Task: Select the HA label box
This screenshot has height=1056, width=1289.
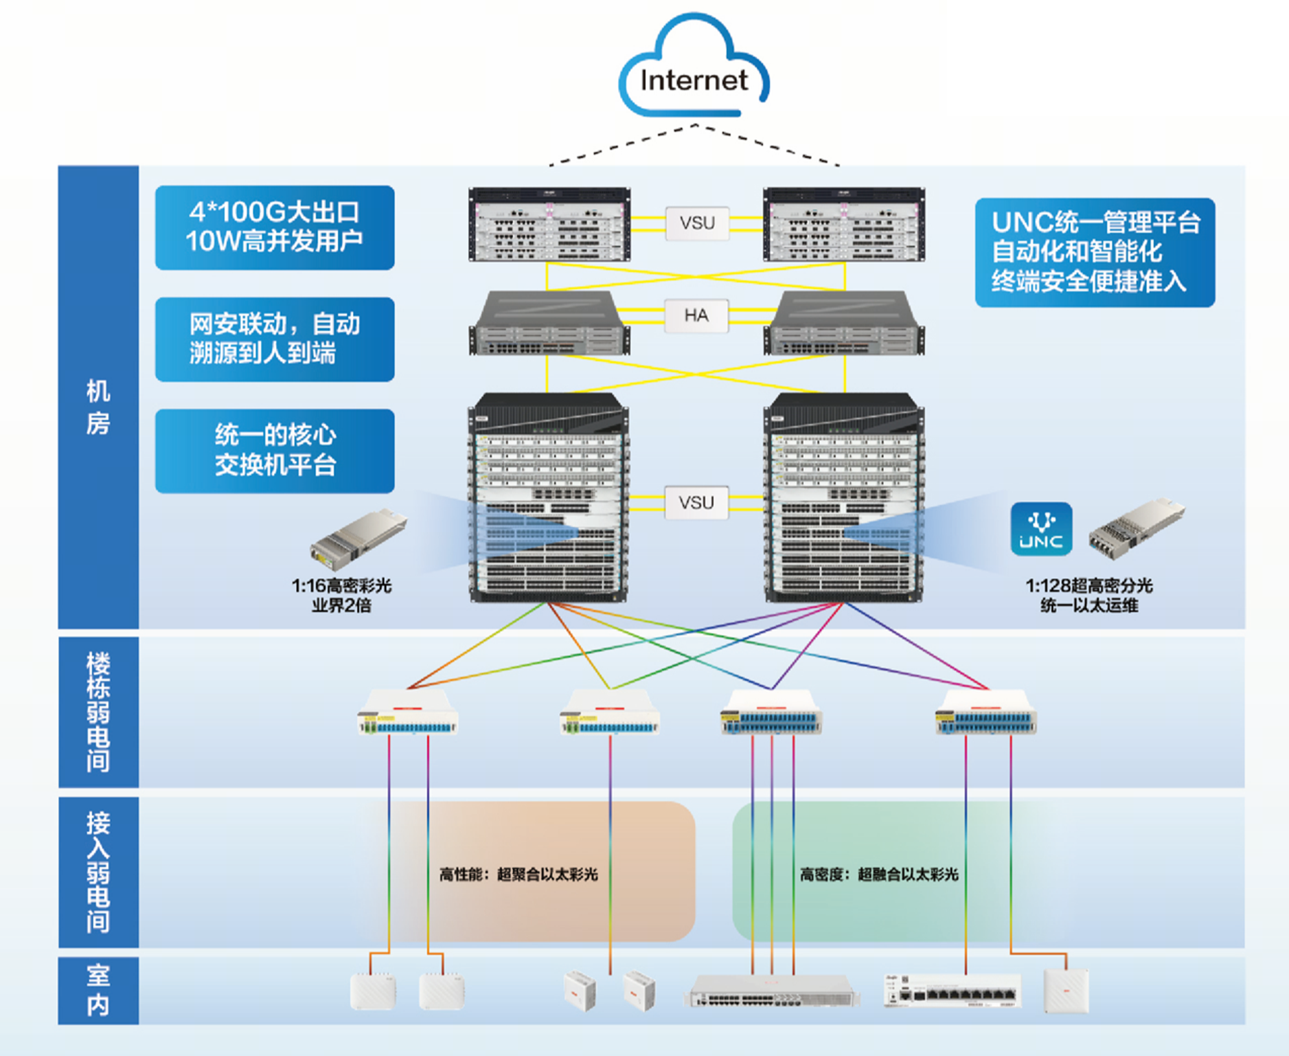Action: pyautogui.click(x=696, y=315)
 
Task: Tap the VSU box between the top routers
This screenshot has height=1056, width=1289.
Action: pyautogui.click(x=697, y=223)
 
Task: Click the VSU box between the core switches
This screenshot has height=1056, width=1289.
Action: pyautogui.click(x=696, y=502)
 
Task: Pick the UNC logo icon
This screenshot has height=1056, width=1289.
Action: pyautogui.click(x=1041, y=529)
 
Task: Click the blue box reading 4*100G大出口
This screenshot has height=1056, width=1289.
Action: pyautogui.click(x=275, y=227)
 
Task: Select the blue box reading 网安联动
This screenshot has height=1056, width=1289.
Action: pyautogui.click(x=275, y=339)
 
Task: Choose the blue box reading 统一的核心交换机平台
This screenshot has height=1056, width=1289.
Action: pyautogui.click(x=275, y=451)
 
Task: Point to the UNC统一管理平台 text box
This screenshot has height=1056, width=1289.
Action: pyautogui.click(x=1095, y=252)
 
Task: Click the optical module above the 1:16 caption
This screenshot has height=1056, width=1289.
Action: pyautogui.click(x=358, y=539)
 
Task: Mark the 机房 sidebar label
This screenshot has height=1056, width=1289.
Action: pyautogui.click(x=98, y=407)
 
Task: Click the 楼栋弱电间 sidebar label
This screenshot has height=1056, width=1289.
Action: pyautogui.click(x=98, y=712)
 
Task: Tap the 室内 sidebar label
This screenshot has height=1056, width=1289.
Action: pyautogui.click(x=98, y=990)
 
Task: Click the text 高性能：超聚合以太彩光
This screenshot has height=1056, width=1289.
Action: pyautogui.click(x=518, y=875)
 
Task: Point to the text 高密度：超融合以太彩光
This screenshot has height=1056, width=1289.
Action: pyautogui.click(x=879, y=875)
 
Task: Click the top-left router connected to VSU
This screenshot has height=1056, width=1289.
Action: pyautogui.click(x=549, y=225)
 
